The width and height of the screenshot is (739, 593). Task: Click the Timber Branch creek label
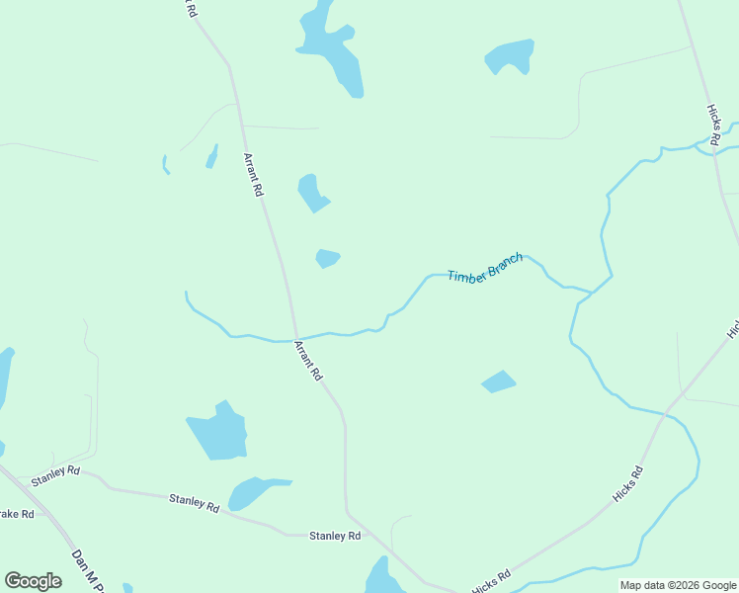[485, 268]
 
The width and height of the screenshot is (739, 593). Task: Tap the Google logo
[33, 581]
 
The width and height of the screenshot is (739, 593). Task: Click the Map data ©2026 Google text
[678, 585]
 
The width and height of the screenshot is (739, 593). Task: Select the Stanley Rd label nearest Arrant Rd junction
[335, 536]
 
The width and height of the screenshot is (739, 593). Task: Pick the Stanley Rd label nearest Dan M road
[55, 473]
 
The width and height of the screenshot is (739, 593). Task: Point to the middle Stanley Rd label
[194, 504]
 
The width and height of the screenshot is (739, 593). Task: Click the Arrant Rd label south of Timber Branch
[308, 361]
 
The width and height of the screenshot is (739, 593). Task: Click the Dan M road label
[87, 573]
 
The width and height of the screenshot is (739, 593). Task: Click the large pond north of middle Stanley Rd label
[217, 432]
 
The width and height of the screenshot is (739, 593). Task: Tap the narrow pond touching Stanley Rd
[255, 491]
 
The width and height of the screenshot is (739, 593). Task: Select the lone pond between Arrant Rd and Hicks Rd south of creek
[498, 381]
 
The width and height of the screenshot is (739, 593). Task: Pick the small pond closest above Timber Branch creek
[327, 258]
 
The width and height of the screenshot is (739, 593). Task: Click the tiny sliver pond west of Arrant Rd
[211, 156]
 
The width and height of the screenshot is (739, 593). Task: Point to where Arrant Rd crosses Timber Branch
[295, 337]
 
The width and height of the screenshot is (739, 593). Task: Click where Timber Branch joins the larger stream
[592, 292]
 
